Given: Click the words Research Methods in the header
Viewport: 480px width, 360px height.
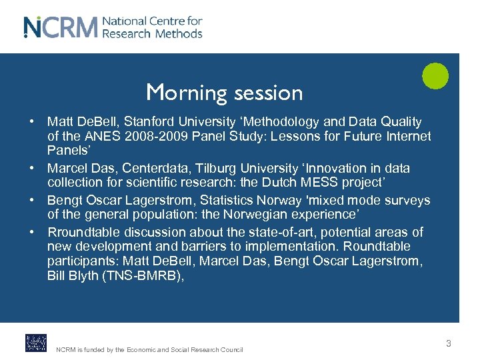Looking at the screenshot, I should pos(153,33).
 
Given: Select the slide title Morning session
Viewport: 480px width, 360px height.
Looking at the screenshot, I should pos(224,93).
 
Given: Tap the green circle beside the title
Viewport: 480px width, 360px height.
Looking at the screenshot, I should pos(435,76).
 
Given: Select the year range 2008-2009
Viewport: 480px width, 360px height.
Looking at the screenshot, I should pos(157,136).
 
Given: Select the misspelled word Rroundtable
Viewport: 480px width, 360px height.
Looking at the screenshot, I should pos(83,232).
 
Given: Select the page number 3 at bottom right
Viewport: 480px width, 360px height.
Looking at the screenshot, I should pos(449,343).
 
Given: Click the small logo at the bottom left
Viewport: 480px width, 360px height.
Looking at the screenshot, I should pos(35,343).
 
